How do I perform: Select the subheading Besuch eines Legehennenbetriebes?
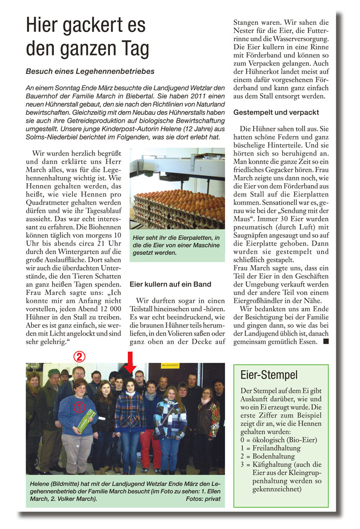click(x=90, y=71)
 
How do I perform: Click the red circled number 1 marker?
click(x=79, y=407)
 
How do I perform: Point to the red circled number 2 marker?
click(x=79, y=357)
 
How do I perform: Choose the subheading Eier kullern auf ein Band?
click(x=170, y=284)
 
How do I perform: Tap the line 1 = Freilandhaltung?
click(x=270, y=448)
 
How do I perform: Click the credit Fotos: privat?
click(x=203, y=499)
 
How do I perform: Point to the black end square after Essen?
click(x=325, y=342)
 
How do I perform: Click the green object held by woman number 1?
click(x=86, y=421)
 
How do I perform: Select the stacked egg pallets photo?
click(x=177, y=188)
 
